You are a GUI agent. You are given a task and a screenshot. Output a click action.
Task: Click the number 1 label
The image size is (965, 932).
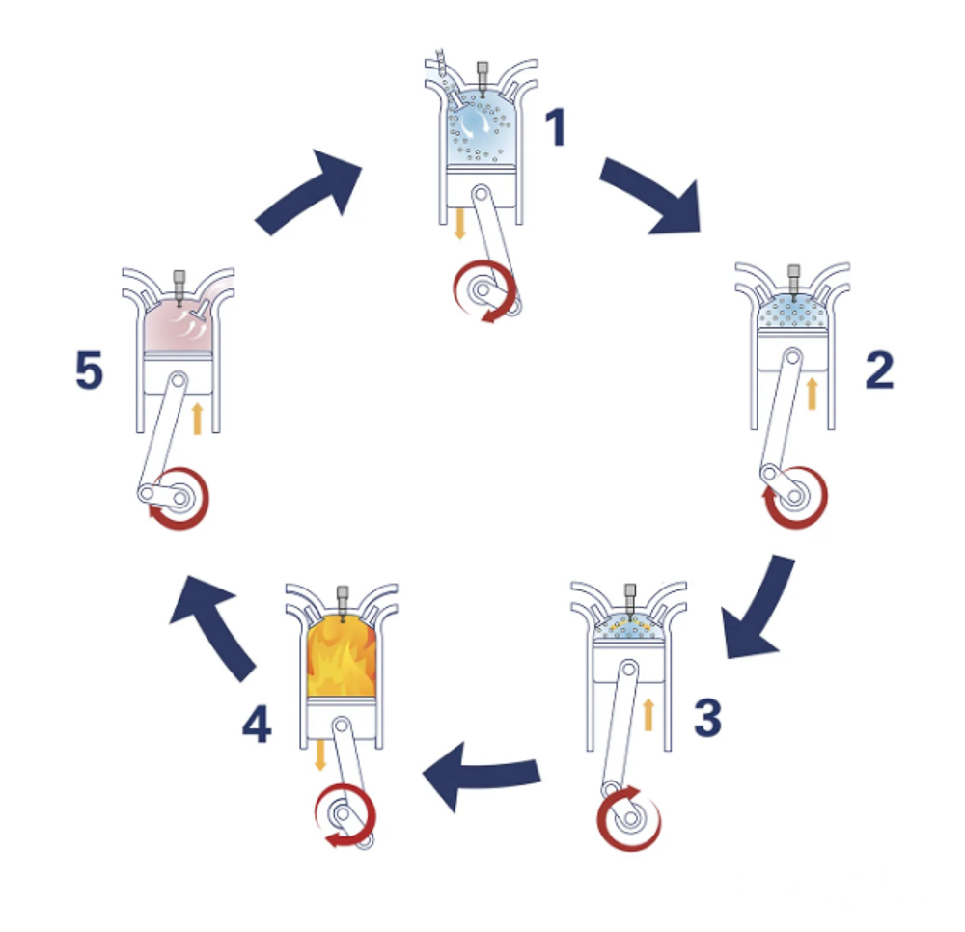tap(556, 126)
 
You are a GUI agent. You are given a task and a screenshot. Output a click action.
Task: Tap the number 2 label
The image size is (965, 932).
tap(879, 370)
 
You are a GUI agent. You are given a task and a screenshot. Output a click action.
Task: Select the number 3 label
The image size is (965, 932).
tap(707, 717)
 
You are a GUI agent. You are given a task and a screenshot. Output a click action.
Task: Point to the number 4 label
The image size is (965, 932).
tap(257, 724)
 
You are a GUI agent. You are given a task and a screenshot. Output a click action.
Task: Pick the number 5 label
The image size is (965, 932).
tap(89, 370)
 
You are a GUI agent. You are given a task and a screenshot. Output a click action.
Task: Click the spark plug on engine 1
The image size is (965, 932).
tap(482, 78)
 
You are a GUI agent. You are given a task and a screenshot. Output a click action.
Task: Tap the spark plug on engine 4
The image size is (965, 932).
tap(343, 602)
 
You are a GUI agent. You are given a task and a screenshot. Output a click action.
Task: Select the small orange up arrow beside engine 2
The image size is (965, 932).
tap(812, 394)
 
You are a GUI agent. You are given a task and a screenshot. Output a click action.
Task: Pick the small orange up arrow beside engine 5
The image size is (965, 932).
tap(197, 419)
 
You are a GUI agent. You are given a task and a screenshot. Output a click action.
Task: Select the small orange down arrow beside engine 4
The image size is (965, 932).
tap(320, 754)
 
